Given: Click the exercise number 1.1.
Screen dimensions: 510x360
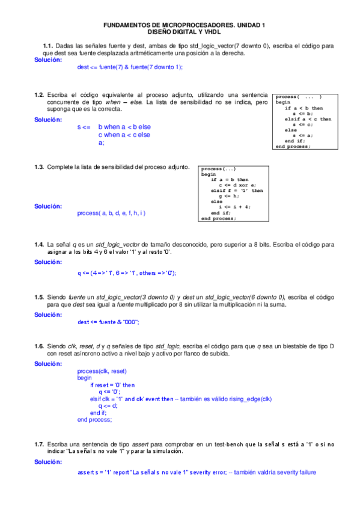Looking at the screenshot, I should click(x=48, y=46).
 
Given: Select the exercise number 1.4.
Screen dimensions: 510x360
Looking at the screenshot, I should click(x=39, y=244).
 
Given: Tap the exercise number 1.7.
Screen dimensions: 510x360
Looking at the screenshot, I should click(x=39, y=444).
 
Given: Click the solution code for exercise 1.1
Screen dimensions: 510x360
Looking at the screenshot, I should click(x=130, y=67).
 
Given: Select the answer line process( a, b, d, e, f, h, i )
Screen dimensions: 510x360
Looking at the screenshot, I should click(x=111, y=213).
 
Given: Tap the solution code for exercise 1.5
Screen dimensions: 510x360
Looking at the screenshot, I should click(x=108, y=322).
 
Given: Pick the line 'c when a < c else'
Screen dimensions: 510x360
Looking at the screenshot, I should click(x=124, y=135).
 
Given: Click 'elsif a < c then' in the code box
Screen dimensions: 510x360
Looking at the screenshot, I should click(x=308, y=119).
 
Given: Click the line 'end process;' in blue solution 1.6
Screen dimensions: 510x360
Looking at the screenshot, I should click(x=94, y=420).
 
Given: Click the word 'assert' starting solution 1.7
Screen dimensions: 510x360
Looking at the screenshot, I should click(x=87, y=473).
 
